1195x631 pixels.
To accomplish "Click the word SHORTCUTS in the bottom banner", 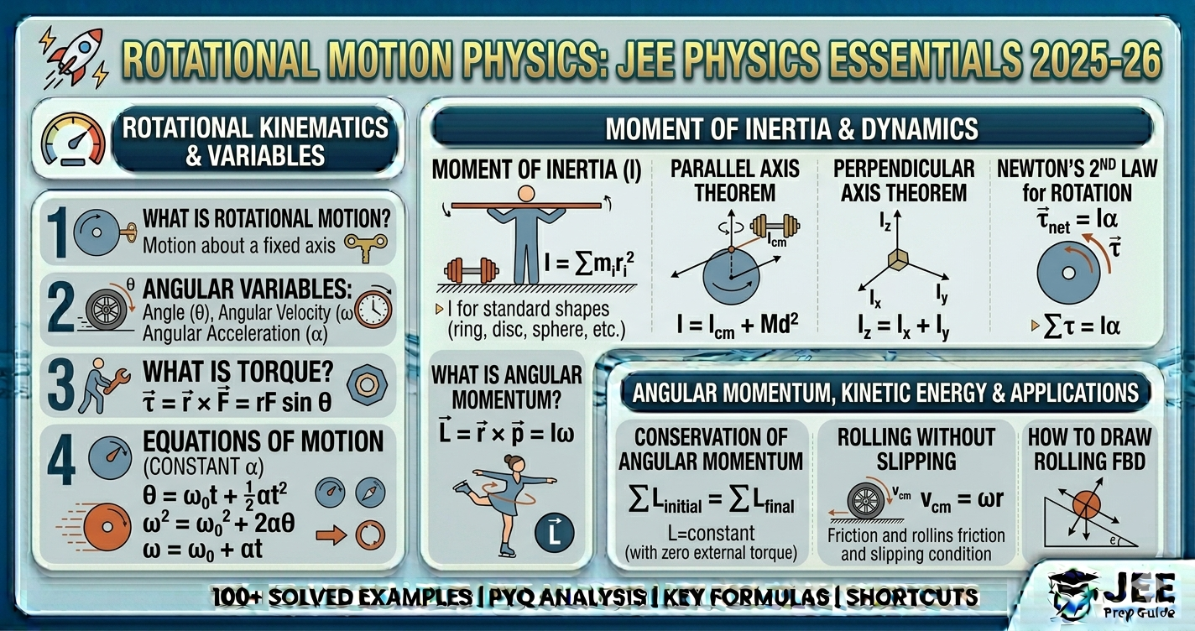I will point(912,597).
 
